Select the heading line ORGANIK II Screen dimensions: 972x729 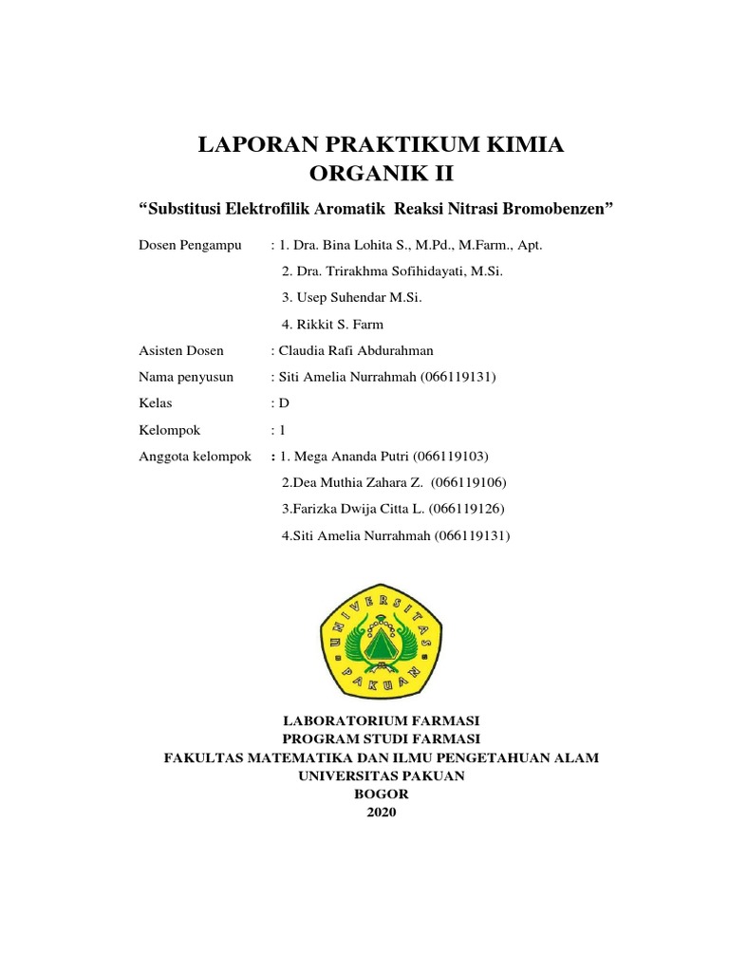(376, 174)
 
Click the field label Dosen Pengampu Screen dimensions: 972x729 (189, 245)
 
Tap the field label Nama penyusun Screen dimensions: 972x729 (186, 377)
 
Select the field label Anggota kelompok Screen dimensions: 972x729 (195, 457)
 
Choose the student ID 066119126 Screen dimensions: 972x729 (466, 510)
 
